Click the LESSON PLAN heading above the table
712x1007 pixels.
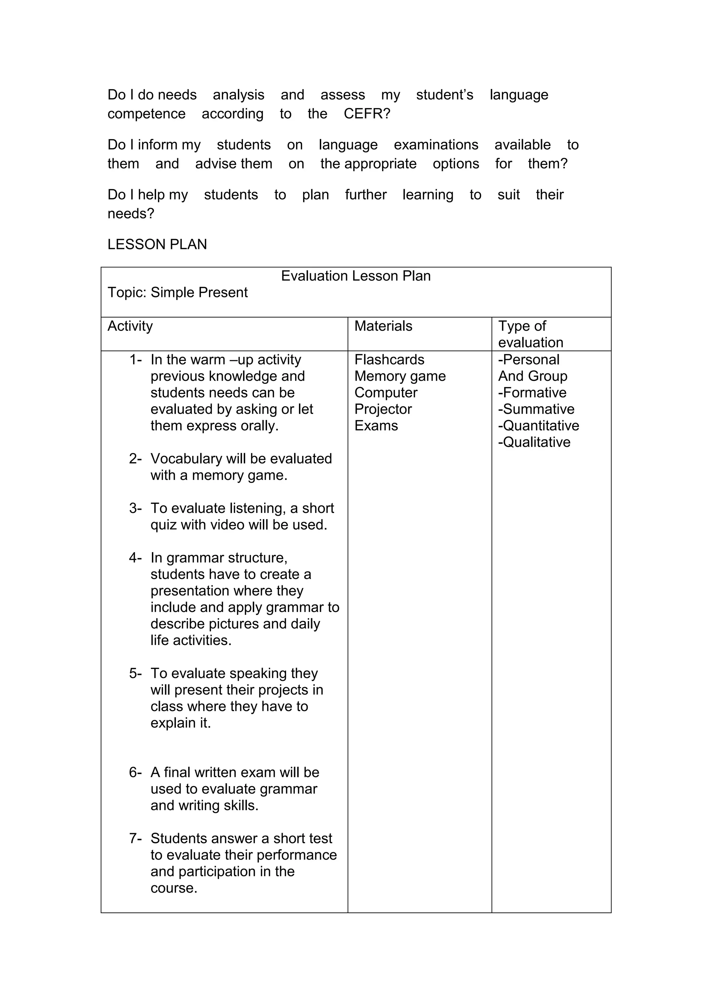tap(157, 244)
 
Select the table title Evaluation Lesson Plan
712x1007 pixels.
tap(356, 276)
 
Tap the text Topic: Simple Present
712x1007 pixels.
tap(178, 292)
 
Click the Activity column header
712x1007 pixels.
tap(130, 326)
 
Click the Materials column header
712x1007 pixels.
tap(383, 326)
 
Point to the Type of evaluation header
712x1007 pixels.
tap(530, 334)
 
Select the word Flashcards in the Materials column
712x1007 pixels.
tap(389, 360)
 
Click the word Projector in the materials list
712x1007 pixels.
tap(383, 409)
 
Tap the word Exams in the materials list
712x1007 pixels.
tap(376, 426)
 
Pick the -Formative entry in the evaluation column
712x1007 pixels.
tap(532, 393)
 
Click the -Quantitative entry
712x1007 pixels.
tap(539, 426)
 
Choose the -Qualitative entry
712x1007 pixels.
tap(534, 442)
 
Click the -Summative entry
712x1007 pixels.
tap(536, 409)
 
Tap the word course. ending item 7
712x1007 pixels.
tap(173, 888)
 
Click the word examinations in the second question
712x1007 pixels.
tap(436, 145)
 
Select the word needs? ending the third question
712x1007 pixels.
tap(131, 214)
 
